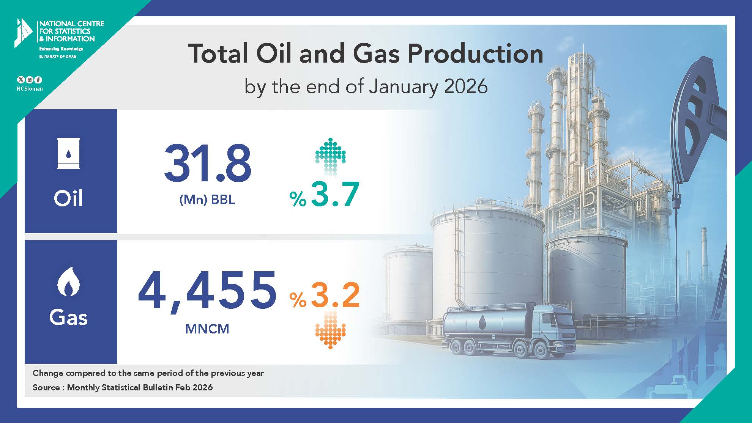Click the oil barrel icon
(x=68, y=154)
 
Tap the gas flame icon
(x=69, y=281)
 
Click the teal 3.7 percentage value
(x=324, y=194)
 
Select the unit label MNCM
(x=207, y=329)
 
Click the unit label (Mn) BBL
(x=207, y=200)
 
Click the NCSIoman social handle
(x=30, y=89)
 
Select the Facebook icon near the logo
(x=38, y=80)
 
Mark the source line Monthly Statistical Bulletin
(x=123, y=388)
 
